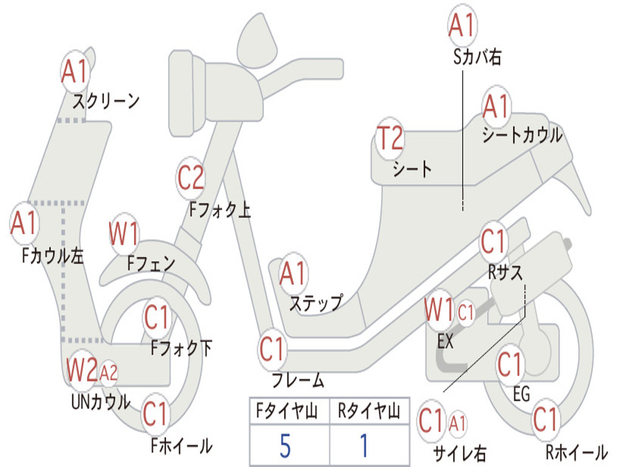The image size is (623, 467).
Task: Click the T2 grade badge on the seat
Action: click(x=390, y=138)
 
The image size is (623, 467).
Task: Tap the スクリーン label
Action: click(x=106, y=100)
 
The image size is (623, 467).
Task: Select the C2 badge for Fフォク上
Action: click(x=191, y=178)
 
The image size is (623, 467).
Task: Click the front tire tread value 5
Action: click(x=285, y=446)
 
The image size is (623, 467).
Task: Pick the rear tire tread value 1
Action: click(x=364, y=446)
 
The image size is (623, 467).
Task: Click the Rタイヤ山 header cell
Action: click(x=369, y=412)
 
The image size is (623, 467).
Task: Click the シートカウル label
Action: click(x=522, y=136)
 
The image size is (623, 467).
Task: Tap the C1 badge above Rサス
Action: click(x=493, y=242)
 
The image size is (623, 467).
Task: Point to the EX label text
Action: click(x=446, y=341)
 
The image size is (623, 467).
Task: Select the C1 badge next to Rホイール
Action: click(x=546, y=419)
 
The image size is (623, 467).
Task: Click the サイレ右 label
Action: click(x=459, y=452)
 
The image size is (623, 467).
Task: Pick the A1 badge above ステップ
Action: click(x=293, y=275)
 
